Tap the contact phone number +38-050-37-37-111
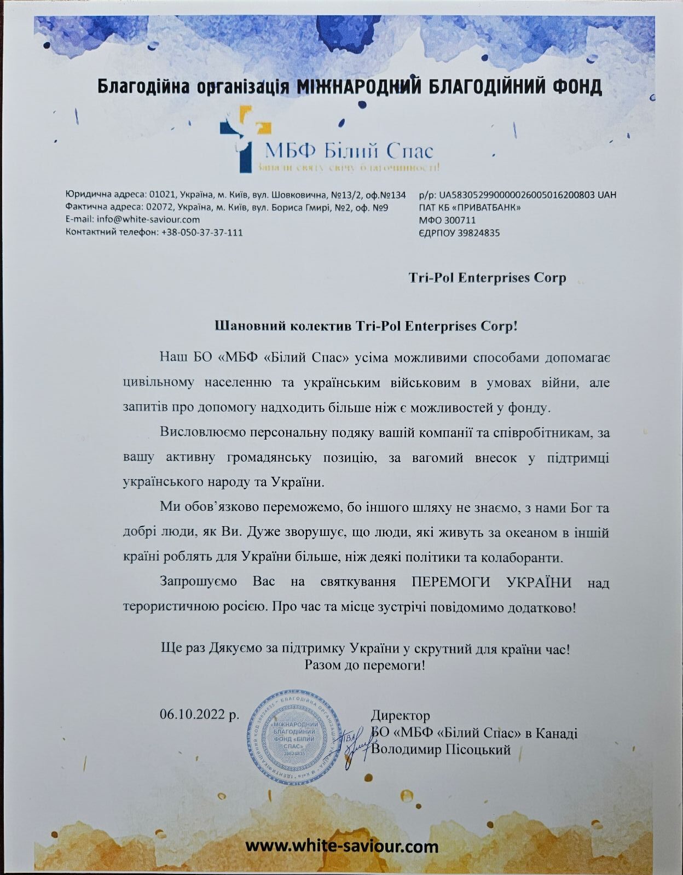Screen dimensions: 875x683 (x=202, y=232)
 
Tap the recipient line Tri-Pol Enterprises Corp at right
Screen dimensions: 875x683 (x=487, y=278)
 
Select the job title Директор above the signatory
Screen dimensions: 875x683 (x=401, y=715)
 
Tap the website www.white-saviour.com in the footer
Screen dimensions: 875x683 (x=342, y=847)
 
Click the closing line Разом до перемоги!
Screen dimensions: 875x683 (x=365, y=666)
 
